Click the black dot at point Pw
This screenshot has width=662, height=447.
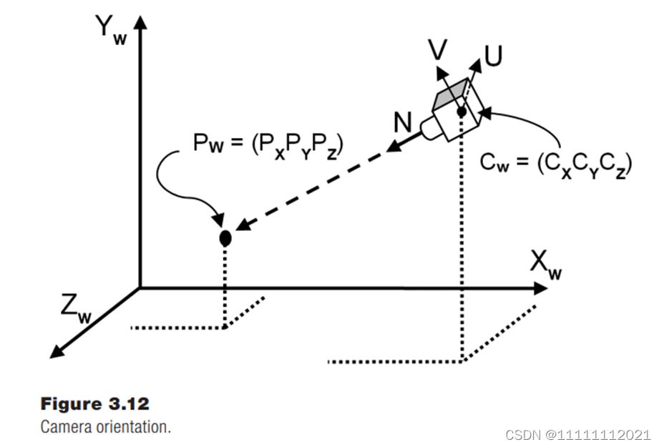[225, 238]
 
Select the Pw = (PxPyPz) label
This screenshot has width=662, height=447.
[267, 146]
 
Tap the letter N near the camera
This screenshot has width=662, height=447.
[403, 122]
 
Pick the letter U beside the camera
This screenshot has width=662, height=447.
[492, 57]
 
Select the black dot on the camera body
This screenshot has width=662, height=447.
[462, 111]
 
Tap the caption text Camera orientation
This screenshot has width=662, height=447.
[105, 427]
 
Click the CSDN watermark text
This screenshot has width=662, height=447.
[578, 434]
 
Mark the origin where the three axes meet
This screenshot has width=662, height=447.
[140, 288]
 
